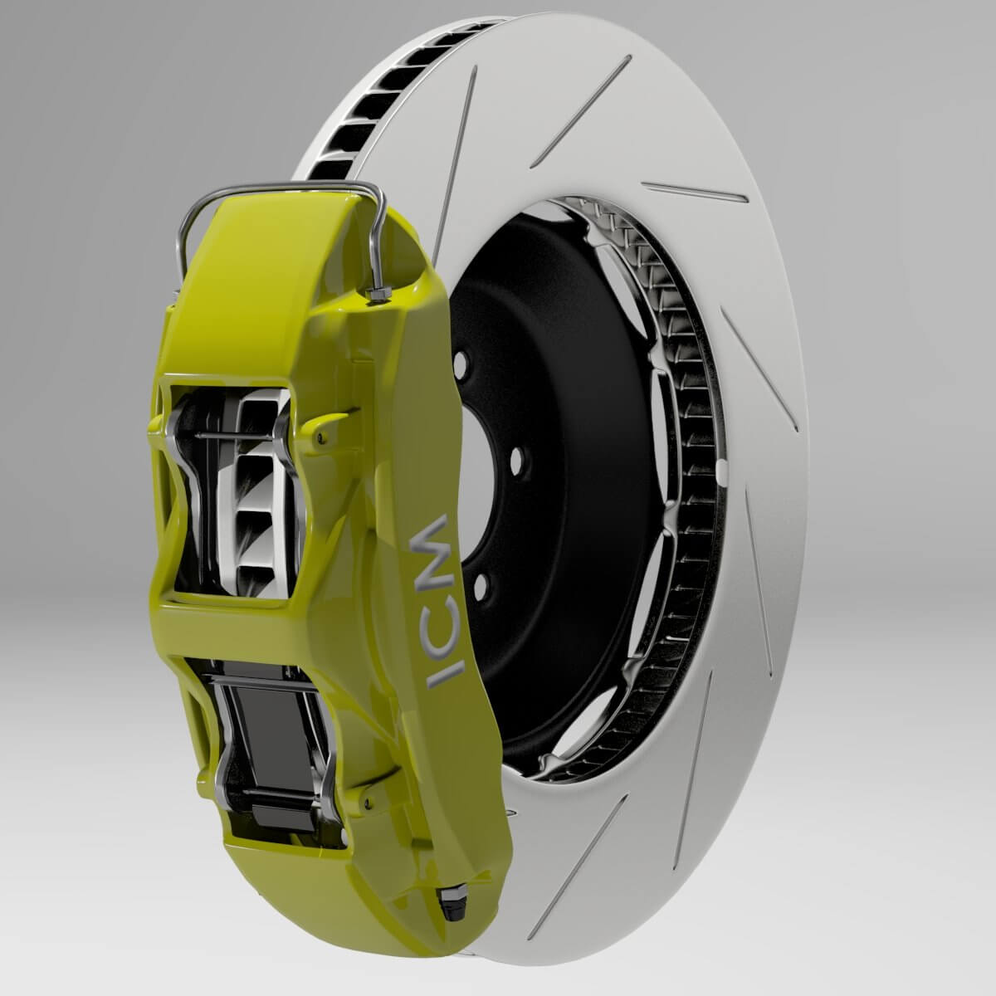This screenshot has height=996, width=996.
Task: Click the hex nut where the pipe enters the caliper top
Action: point(378,294)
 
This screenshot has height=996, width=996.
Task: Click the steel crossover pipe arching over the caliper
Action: point(282,190)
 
